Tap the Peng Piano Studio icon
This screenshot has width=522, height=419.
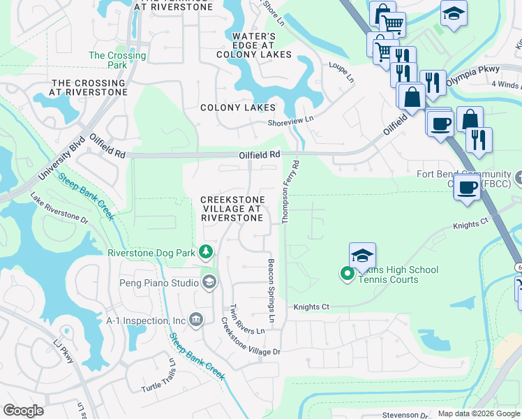coord(209,282)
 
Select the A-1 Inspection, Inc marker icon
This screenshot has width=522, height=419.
coord(196,320)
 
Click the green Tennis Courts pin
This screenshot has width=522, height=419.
coord(348,273)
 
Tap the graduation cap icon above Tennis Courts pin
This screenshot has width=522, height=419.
coord(362,256)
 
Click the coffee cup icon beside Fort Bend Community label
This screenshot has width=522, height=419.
coord(467,186)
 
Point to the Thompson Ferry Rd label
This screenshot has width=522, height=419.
coord(290,193)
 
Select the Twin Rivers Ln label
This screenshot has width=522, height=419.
coord(247,319)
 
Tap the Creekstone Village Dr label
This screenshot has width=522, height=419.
coord(250,337)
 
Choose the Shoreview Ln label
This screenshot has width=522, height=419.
coord(290,120)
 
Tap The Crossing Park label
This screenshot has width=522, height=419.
coord(117,60)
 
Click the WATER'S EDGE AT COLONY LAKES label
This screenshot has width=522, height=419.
coord(253,45)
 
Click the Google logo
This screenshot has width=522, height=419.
coord(24,411)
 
